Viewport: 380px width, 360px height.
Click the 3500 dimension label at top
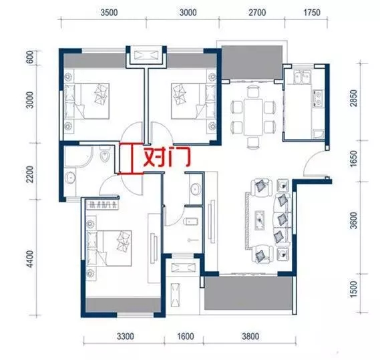point(109,13)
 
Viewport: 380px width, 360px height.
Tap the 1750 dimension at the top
point(312,13)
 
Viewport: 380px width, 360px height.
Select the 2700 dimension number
point(257,13)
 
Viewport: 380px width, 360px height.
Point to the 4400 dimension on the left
point(30,259)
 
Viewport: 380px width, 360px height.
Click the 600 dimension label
point(30,57)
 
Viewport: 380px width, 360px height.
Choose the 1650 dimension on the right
point(353,158)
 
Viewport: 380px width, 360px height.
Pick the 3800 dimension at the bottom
point(250,336)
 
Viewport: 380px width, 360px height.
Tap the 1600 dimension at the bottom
point(186,336)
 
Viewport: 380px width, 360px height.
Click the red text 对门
point(167,158)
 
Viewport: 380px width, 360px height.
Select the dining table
point(253,117)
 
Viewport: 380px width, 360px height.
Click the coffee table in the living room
point(260,220)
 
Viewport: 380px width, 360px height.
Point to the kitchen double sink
point(302,77)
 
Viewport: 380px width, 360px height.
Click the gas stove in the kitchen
point(318,98)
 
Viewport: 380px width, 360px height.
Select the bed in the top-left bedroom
point(87,101)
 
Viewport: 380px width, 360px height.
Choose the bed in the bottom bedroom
point(109,248)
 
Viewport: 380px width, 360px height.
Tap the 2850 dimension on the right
point(353,98)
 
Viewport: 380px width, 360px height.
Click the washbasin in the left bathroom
point(70,178)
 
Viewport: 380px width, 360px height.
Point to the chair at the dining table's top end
point(253,91)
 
